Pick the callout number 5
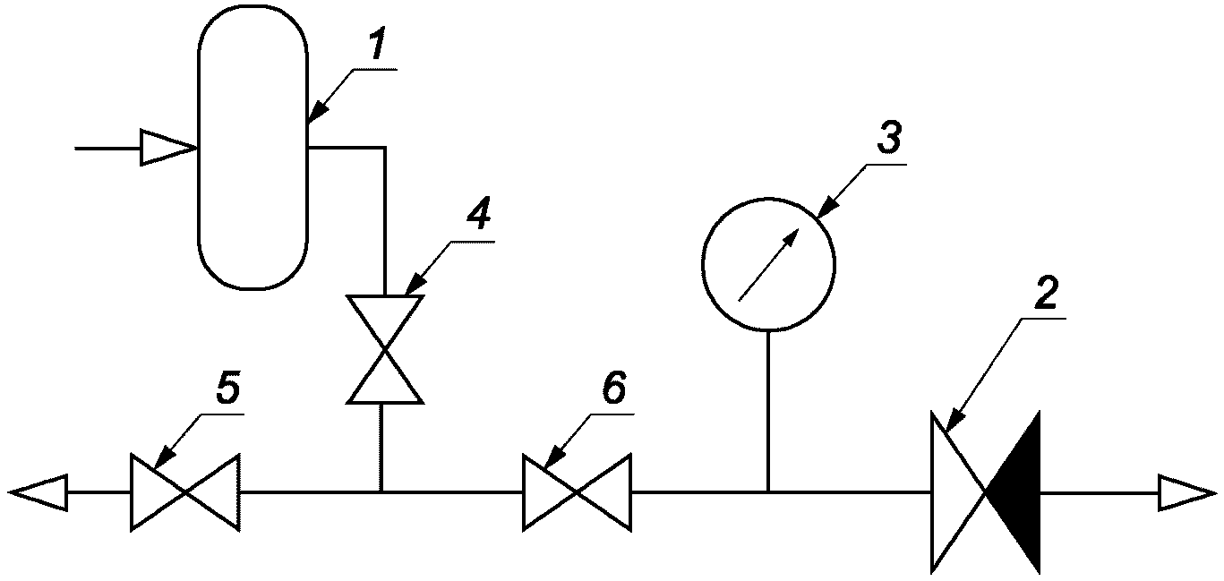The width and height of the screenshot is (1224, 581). tap(227, 389)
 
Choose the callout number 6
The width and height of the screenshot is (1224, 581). tap(614, 389)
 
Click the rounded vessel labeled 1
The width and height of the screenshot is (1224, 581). tap(253, 147)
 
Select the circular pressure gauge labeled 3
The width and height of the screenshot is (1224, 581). tap(768, 264)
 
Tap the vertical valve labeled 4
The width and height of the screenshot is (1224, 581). tap(385, 349)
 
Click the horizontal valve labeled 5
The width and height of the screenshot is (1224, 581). tap(184, 491)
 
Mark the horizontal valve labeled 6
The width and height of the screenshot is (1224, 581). tap(577, 491)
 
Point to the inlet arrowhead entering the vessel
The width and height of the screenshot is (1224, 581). tap(168, 148)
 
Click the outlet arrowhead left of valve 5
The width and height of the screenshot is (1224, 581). tap(37, 491)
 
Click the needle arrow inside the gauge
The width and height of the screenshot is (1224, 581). tap(768, 264)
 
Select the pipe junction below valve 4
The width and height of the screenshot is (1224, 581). tap(381, 491)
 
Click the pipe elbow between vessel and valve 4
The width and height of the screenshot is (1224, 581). tap(385, 148)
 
